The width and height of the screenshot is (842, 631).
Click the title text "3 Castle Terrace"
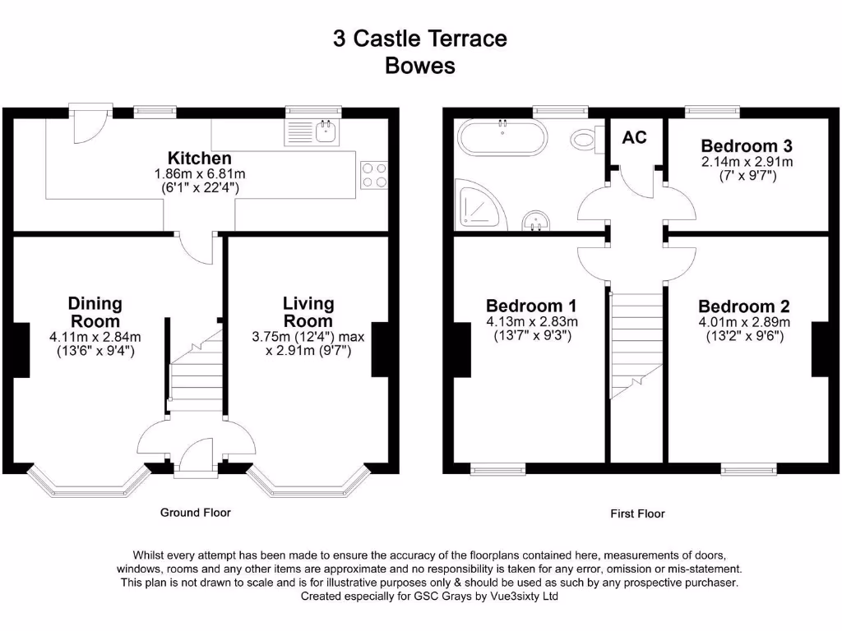click(420, 39)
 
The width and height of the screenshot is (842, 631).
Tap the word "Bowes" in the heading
click(420, 66)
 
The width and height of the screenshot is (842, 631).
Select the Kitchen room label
click(200, 158)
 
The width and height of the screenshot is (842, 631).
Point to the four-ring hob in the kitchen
click(373, 174)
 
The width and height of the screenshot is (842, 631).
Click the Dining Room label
click(95, 313)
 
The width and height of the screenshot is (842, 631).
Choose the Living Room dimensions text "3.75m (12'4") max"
click(308, 337)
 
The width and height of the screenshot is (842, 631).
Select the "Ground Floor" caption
click(195, 513)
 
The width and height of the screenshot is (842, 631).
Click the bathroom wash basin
click(536, 221)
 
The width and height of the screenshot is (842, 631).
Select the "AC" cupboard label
click(634, 137)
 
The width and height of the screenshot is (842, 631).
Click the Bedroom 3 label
click(747, 146)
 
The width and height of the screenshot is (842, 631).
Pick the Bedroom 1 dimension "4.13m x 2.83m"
click(532, 321)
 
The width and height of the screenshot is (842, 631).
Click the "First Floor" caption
click(637, 514)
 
